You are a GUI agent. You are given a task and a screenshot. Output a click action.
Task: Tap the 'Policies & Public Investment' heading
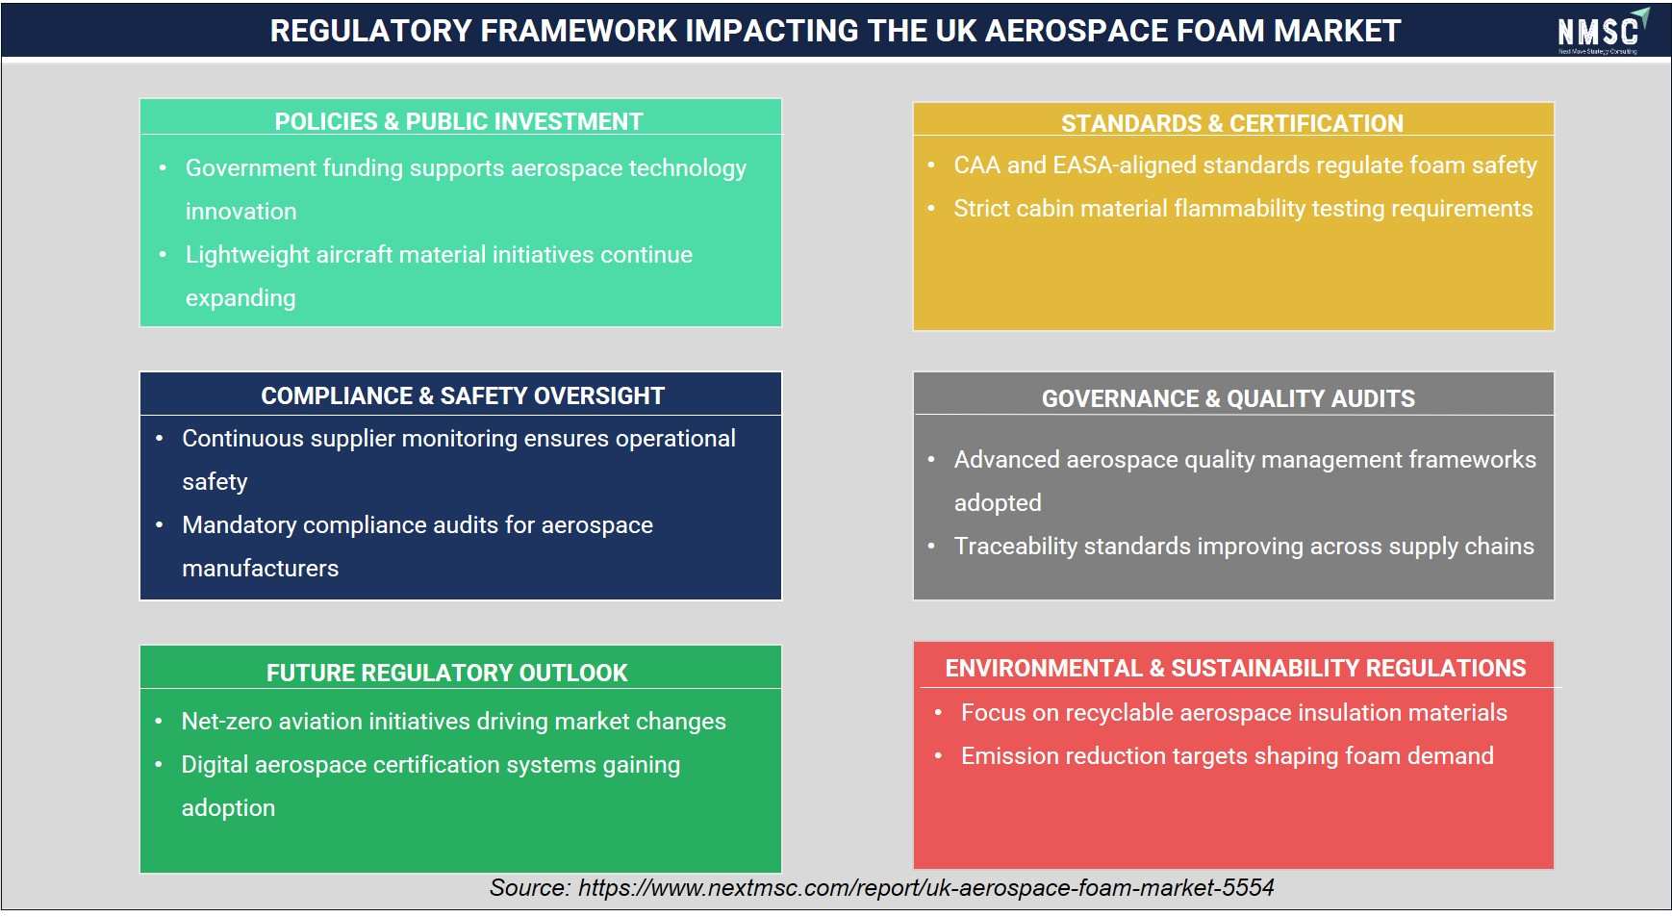click(459, 121)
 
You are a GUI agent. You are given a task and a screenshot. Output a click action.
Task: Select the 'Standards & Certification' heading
click(1232, 123)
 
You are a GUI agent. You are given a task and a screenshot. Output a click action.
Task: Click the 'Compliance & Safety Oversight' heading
click(463, 395)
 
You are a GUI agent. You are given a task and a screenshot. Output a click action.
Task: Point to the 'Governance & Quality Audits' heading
click(1229, 398)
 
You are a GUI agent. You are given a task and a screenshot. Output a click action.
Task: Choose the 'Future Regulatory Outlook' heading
click(447, 673)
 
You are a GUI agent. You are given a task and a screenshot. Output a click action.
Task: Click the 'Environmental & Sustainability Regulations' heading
click(1235, 668)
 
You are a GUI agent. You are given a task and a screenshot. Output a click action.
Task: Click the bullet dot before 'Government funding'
click(163, 167)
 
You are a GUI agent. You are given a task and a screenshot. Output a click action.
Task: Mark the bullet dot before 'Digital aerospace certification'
click(159, 764)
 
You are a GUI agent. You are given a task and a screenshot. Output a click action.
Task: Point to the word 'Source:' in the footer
click(530, 887)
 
